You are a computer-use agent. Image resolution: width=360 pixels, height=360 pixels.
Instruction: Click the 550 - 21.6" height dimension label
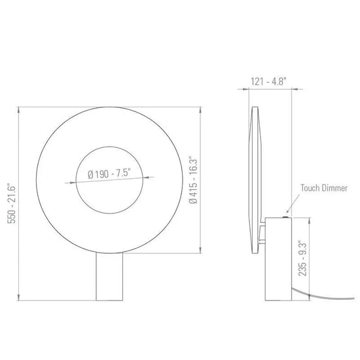click(x=11, y=203)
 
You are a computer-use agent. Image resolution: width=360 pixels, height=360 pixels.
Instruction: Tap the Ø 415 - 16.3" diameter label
click(x=193, y=180)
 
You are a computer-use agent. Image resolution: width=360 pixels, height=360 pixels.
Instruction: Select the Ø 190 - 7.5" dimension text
click(x=109, y=173)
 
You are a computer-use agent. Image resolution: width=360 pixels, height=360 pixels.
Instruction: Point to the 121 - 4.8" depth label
click(x=268, y=82)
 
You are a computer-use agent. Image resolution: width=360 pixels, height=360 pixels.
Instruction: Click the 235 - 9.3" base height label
click(x=302, y=259)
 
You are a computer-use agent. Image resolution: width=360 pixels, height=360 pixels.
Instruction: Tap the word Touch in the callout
click(x=310, y=188)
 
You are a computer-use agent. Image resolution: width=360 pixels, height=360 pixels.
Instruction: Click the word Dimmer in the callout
click(x=334, y=188)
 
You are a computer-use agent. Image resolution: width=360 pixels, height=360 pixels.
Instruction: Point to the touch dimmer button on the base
click(x=285, y=217)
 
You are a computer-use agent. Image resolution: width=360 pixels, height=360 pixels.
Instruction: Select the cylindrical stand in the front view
click(x=109, y=277)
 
